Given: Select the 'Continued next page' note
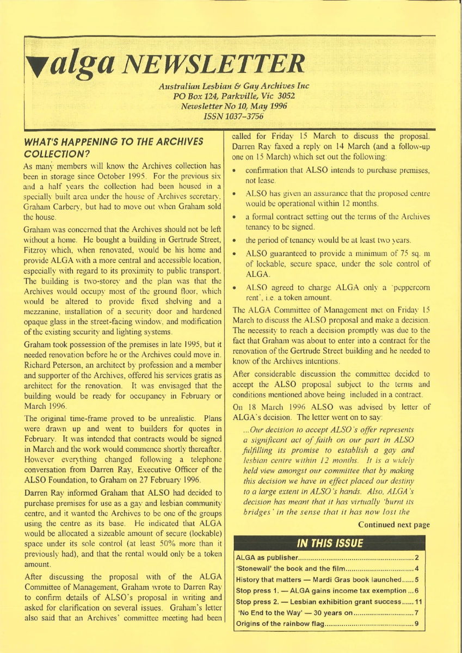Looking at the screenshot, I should click(393, 525).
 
